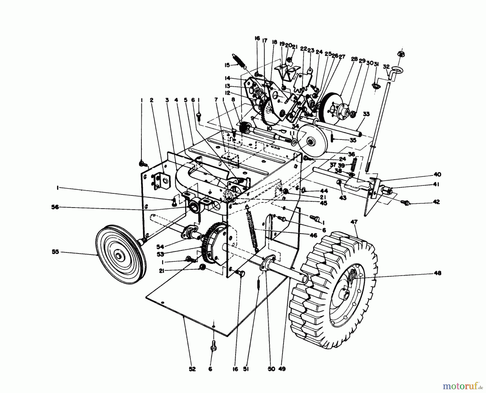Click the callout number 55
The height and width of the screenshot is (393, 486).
click(x=55, y=252)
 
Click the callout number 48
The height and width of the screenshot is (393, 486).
click(x=438, y=273)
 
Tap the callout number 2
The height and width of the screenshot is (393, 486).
click(x=151, y=100)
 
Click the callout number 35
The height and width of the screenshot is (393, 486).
click(x=353, y=140)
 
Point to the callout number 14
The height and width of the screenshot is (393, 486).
click(x=227, y=78)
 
